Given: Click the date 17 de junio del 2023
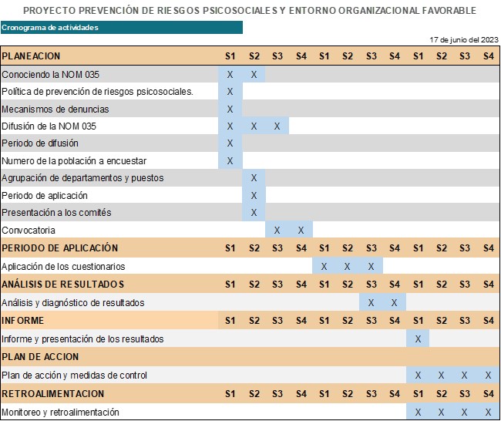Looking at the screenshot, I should point(464,39).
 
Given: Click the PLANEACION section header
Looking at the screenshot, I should point(31,56).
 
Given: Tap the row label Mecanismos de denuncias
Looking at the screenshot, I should point(55,109).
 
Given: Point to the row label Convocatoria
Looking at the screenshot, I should point(29,231).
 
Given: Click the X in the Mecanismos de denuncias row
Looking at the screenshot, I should point(230,109).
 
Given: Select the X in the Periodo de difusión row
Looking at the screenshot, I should point(230,143).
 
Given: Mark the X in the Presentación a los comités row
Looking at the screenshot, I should point(254,213).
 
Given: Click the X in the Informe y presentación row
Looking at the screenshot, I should point(418,338).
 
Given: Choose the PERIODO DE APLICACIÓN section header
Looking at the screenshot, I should point(60,248).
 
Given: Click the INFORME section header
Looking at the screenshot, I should point(23,321).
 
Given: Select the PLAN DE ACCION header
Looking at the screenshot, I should point(41,357).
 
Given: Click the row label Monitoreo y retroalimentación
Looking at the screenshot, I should point(61,413).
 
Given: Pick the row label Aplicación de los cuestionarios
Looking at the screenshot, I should point(63,267).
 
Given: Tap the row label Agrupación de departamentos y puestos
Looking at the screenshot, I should point(82,178).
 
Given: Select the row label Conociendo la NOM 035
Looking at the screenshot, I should point(51,75).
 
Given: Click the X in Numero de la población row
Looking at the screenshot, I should point(230,161).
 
